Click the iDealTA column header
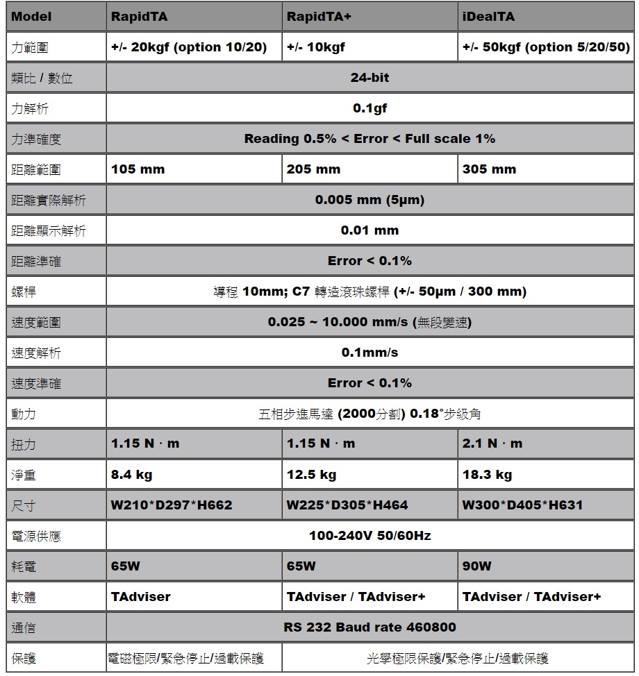tap(489, 17)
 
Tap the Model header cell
tap(32, 17)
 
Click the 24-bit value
tap(370, 78)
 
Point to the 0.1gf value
tap(370, 108)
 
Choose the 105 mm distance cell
tap(138, 169)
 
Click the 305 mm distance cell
tap(489, 169)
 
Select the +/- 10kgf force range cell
tap(316, 48)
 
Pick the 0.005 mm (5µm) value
tap(370, 200)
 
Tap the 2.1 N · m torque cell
tap(492, 443)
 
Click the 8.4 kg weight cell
tap(132, 475)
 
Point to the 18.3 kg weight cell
tap(487, 475)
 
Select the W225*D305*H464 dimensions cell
tap(347, 505)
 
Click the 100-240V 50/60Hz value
tap(370, 536)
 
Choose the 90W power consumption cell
tap(476, 566)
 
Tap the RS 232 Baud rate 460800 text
tap(370, 627)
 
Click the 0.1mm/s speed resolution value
tap(370, 353)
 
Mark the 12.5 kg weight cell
tap(311, 475)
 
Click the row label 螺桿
tap(24, 292)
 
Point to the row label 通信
tap(24, 628)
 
